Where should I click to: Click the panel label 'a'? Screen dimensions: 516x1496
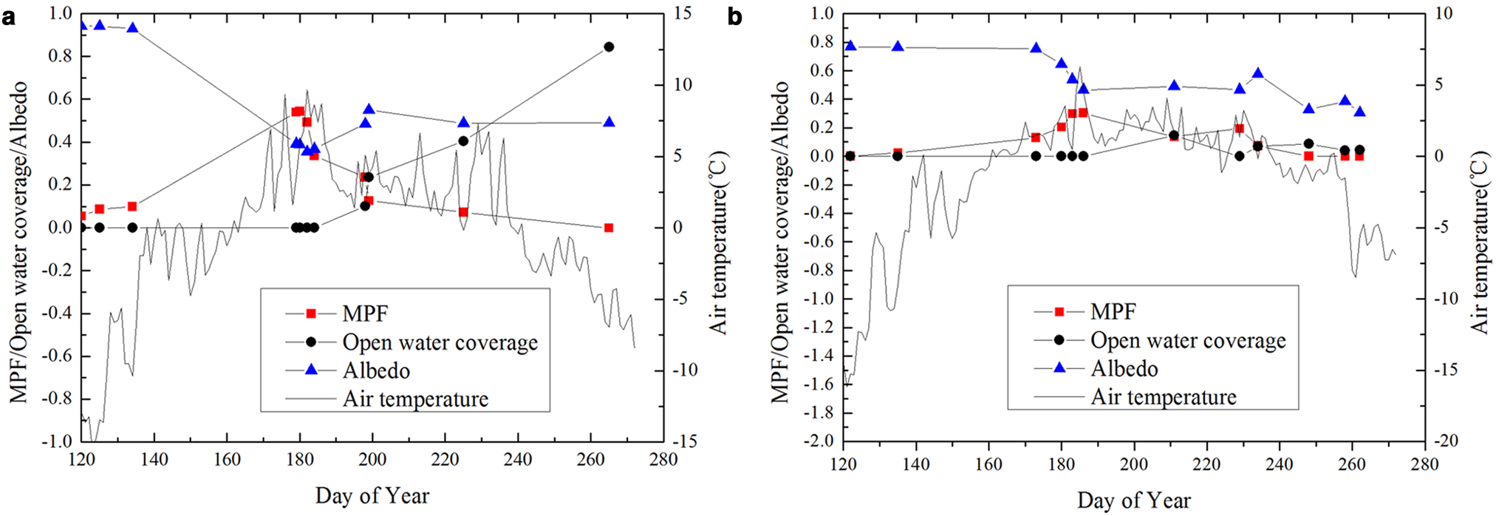point(9,16)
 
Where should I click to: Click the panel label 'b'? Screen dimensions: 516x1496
point(734,16)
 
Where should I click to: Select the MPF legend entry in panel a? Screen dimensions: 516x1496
point(365,313)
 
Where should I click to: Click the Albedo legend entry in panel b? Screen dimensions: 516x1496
point(1124,368)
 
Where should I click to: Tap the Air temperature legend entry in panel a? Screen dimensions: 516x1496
point(415,399)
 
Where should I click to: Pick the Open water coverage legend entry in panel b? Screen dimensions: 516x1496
point(1188,340)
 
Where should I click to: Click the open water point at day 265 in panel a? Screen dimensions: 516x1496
point(609,47)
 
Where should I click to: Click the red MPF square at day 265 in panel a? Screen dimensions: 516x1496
point(609,228)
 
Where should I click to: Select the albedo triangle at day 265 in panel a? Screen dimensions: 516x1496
point(609,122)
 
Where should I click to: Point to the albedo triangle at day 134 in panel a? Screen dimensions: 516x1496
point(132,27)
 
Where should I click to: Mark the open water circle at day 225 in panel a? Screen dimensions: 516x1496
point(463,140)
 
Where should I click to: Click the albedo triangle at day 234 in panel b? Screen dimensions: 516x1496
point(1258,73)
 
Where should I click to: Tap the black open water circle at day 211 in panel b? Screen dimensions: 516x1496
point(1174,135)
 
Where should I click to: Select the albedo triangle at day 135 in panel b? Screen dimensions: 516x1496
point(898,46)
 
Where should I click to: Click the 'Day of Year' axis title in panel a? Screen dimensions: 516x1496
point(372,495)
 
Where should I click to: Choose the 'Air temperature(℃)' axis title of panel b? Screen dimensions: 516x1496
point(1479,242)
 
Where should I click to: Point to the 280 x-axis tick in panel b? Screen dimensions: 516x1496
point(1424,464)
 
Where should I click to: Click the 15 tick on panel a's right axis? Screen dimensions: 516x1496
point(683,13)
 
